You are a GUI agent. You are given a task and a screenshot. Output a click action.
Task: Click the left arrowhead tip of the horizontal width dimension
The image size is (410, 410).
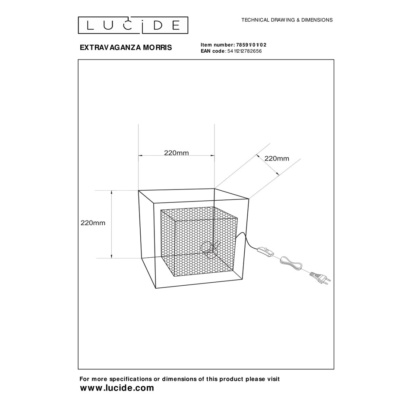point(139,156)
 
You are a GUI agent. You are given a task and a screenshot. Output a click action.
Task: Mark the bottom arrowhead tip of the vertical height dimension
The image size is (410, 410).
point(112,258)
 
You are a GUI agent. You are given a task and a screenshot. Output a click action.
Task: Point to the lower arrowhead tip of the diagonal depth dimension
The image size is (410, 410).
point(278,175)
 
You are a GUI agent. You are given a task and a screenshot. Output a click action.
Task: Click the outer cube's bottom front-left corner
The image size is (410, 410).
point(156,288)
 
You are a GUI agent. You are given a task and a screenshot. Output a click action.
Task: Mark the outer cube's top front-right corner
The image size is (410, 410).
point(249,199)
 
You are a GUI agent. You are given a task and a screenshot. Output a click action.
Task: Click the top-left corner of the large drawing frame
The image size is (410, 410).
point(78,60)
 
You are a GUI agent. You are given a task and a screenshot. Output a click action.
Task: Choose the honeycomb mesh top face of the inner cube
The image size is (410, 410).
point(199,214)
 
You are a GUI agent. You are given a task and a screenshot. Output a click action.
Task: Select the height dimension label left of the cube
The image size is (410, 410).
point(93,223)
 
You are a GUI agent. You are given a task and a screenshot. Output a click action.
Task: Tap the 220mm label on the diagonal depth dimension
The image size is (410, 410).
point(277,158)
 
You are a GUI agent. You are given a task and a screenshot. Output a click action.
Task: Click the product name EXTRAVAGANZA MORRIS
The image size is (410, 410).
point(126,47)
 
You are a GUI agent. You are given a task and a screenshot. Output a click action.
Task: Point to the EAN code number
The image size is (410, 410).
point(244,51)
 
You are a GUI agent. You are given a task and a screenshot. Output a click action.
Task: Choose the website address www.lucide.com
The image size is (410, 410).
point(117,388)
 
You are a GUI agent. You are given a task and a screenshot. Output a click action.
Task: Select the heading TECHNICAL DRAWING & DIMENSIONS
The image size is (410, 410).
point(287,20)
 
